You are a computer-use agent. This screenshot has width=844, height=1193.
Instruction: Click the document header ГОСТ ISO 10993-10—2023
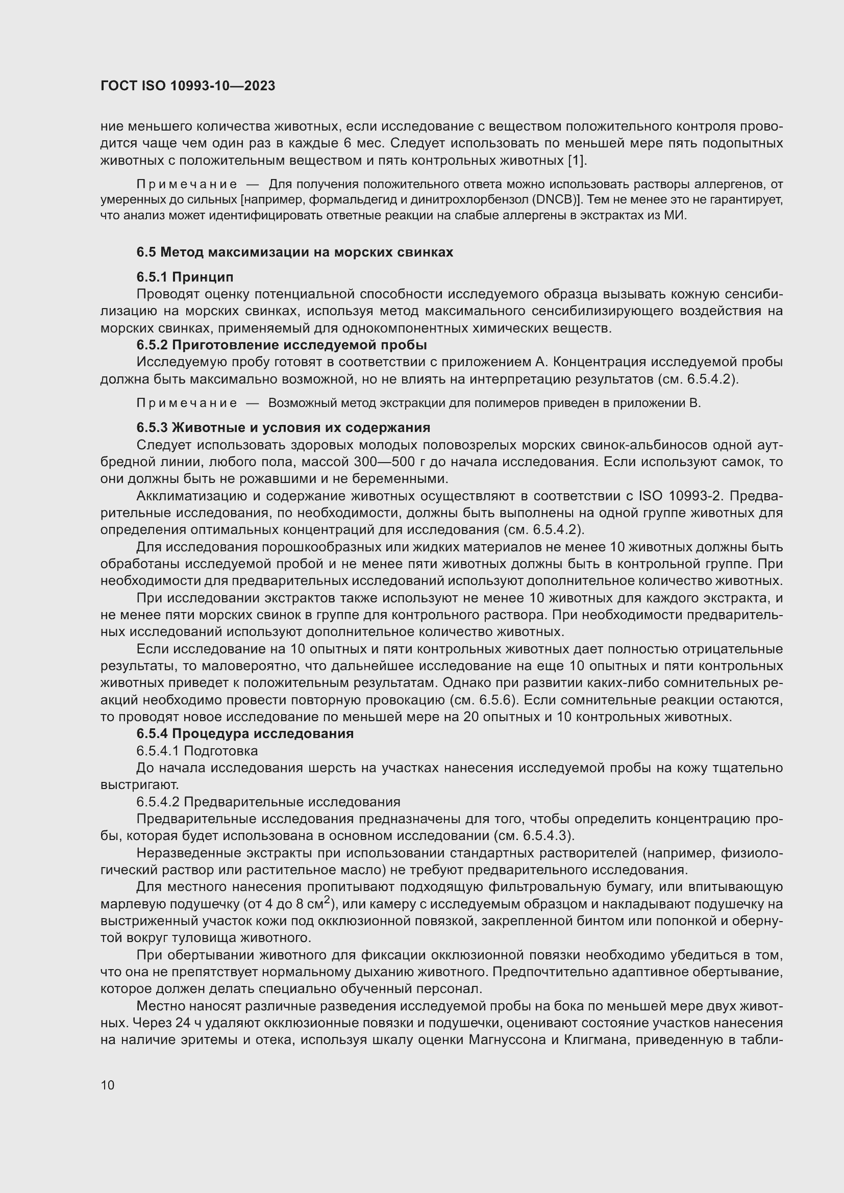point(188,86)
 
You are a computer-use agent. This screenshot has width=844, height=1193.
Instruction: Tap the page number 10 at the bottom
point(108,1085)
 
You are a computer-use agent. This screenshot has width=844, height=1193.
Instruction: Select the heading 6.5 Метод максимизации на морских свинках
point(294,252)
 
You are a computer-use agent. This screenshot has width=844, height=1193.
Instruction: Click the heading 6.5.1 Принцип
point(185,276)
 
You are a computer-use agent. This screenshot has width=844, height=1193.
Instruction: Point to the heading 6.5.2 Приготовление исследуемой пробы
point(282,345)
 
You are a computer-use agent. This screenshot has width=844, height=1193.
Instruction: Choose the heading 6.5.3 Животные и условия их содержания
point(283,427)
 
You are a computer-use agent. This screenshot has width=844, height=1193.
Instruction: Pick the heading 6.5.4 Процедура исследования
point(245,733)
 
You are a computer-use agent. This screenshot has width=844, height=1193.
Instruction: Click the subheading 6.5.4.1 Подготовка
point(197,751)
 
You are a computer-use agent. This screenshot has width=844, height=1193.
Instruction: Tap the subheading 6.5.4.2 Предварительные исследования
point(268,802)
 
